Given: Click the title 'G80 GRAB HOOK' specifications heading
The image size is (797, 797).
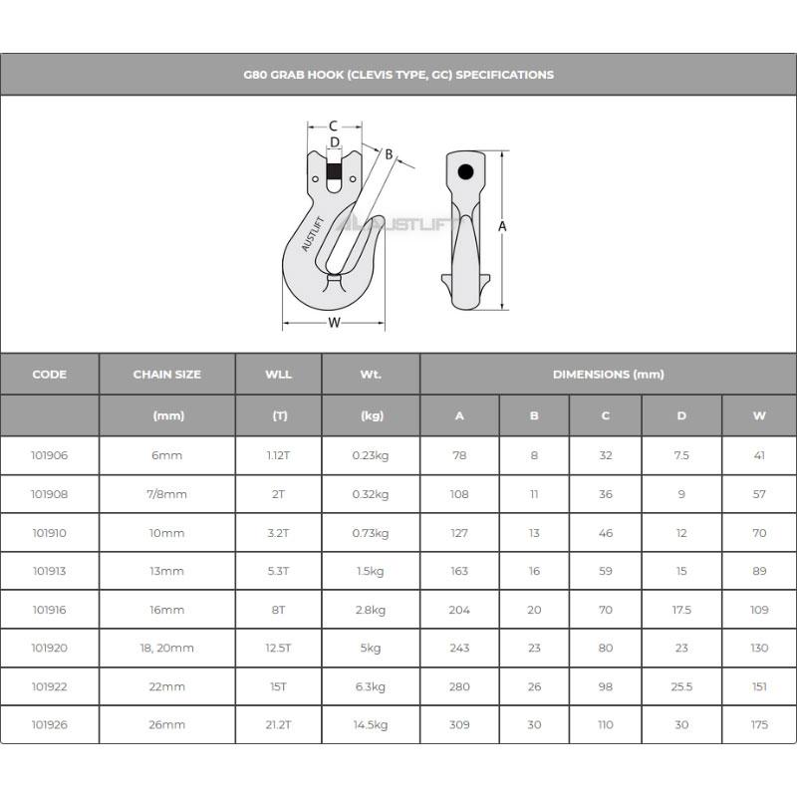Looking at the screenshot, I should tap(398, 75).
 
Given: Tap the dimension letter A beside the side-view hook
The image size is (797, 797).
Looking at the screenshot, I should tap(502, 226).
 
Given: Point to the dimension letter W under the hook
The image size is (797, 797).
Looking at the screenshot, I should tap(335, 322).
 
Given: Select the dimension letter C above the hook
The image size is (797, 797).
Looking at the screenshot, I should tap(333, 127).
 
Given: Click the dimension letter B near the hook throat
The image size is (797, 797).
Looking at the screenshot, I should tap(389, 154).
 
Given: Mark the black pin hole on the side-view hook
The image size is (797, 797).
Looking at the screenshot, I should tap(465, 171).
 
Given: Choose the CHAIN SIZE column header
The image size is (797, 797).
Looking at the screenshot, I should tap(167, 375).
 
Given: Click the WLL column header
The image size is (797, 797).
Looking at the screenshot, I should tap(279, 375).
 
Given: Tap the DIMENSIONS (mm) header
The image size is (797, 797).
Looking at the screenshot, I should tap(608, 375).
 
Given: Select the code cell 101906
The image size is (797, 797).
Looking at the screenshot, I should tap(50, 455).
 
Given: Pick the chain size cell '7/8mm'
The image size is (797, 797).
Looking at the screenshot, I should tap(167, 494).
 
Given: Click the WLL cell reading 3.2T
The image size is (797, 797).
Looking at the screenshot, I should tap(279, 533).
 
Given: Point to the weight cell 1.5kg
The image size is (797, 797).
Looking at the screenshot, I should tap(371, 572).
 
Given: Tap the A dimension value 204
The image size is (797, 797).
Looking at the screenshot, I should tap(459, 610).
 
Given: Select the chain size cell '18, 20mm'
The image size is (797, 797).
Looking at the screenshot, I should tap(167, 649).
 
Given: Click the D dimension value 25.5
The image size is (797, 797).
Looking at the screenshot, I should tap(681, 686).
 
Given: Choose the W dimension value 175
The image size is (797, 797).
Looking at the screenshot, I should tap(759, 724).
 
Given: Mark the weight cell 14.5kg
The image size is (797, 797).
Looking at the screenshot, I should tap(371, 724).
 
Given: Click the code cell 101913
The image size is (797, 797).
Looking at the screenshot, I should tap(50, 572).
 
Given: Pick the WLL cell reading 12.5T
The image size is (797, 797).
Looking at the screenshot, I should tap(279, 649).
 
